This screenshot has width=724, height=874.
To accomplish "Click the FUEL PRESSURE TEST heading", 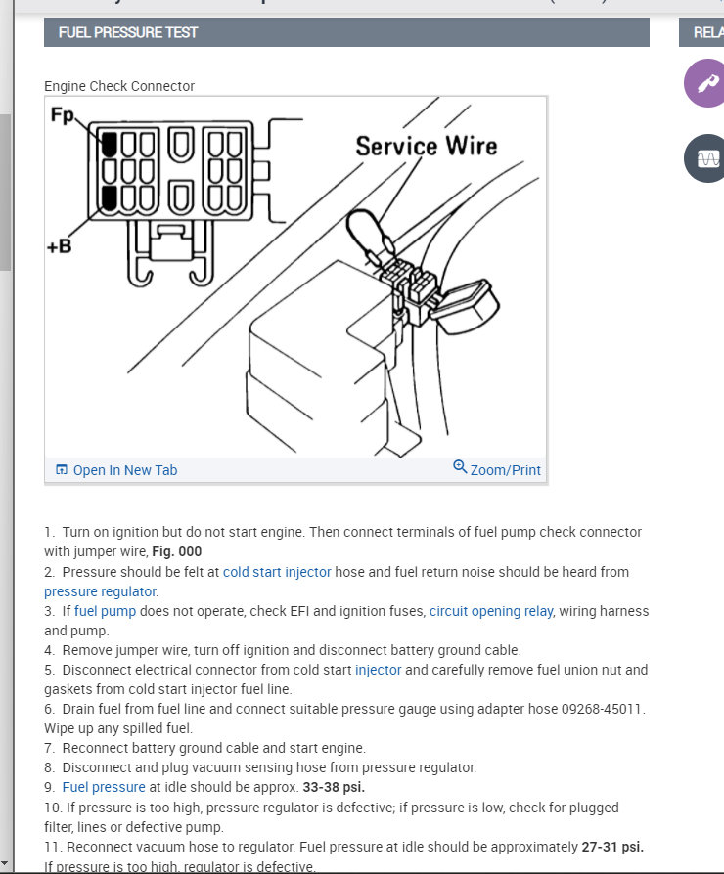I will (127, 32).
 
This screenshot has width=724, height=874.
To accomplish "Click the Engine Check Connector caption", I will (119, 86).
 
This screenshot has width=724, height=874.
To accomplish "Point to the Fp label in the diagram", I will (63, 116).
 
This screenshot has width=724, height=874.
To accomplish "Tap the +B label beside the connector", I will (59, 246).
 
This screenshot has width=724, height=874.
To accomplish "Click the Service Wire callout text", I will (426, 147).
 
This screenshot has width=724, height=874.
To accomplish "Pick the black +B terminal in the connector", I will (110, 198).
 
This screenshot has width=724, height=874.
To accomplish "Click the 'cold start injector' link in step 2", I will (277, 572).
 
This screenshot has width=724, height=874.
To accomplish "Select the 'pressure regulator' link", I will (100, 591).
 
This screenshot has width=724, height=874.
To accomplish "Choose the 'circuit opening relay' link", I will (490, 611).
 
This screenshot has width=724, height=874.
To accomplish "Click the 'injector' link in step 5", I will (378, 670).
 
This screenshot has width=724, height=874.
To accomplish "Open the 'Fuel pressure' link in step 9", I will (103, 787).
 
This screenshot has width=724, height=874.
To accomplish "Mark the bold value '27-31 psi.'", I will (611, 847).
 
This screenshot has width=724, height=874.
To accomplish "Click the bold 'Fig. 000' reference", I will (177, 551).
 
